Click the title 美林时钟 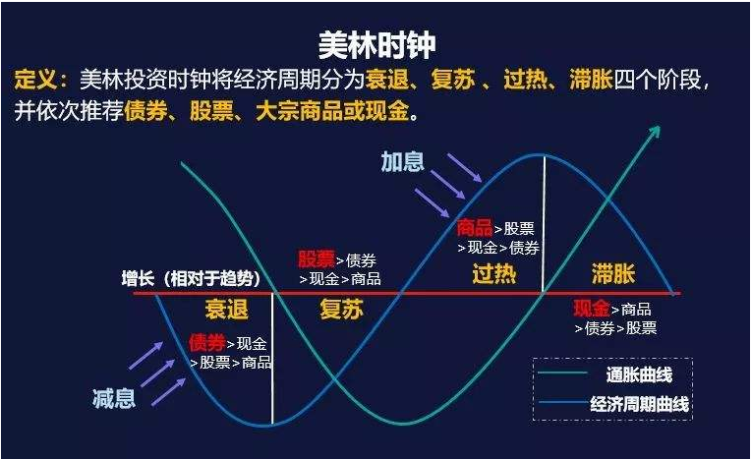376,44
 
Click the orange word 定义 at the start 39,80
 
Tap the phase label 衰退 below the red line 226,310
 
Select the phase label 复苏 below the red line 341,310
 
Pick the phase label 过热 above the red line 493,273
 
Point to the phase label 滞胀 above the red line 613,273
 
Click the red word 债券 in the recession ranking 206,344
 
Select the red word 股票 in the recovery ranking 317,259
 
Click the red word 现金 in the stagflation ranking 592,309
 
